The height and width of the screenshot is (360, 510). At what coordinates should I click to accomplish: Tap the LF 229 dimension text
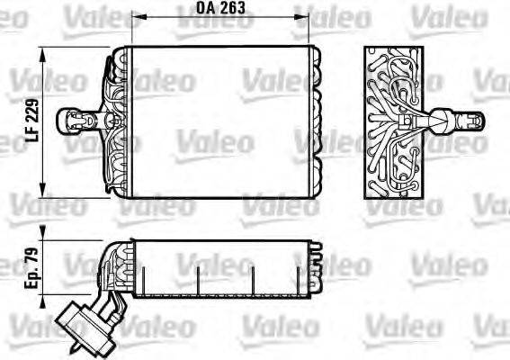[33, 121]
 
